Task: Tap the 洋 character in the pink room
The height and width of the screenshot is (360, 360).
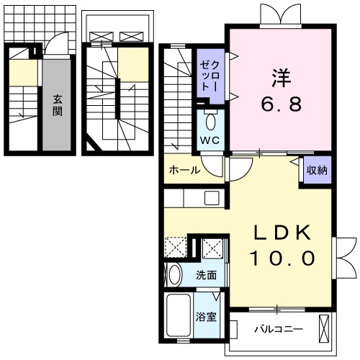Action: click(x=281, y=76)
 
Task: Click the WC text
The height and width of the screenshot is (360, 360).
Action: click(x=210, y=139)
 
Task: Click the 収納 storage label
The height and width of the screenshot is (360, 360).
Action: click(x=317, y=171)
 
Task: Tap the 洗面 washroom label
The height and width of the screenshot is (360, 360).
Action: click(x=207, y=274)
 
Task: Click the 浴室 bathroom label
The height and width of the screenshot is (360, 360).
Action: click(x=207, y=316)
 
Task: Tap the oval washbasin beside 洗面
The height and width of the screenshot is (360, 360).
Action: click(x=174, y=274)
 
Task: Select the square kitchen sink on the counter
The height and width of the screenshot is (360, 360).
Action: click(x=212, y=198)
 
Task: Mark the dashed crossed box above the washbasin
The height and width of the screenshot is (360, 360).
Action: click(x=175, y=248)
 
